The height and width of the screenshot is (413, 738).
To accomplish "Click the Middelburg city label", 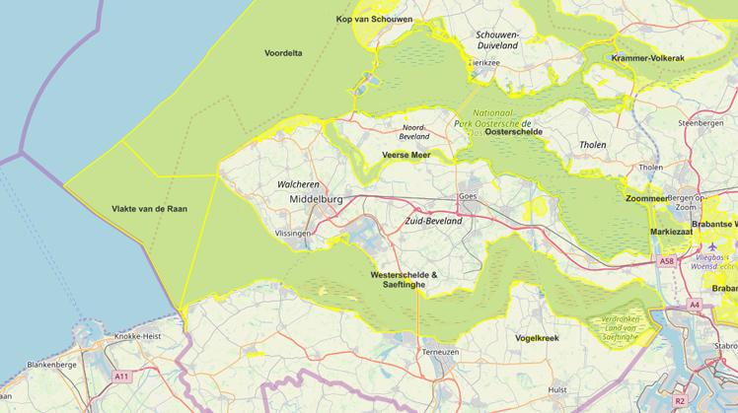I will (317, 199).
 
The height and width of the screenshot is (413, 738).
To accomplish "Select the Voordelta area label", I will (283, 52).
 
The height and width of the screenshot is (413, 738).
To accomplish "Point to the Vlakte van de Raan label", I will (149, 209).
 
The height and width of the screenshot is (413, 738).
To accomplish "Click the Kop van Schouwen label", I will (374, 20).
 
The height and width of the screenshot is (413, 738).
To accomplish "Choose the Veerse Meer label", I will (406, 155).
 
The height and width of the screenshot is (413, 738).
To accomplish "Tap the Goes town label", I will (468, 196).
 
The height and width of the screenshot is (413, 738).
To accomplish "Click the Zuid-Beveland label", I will (433, 222).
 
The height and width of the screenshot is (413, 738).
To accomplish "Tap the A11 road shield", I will (121, 377).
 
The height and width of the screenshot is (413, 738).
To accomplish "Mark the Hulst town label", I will (555, 389).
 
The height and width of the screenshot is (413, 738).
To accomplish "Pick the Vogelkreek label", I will (537, 338).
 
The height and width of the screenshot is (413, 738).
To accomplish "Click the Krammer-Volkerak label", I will (647, 58).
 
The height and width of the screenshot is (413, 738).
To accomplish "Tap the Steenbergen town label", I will (701, 123).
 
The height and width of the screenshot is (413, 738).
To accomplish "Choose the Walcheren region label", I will (298, 184).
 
